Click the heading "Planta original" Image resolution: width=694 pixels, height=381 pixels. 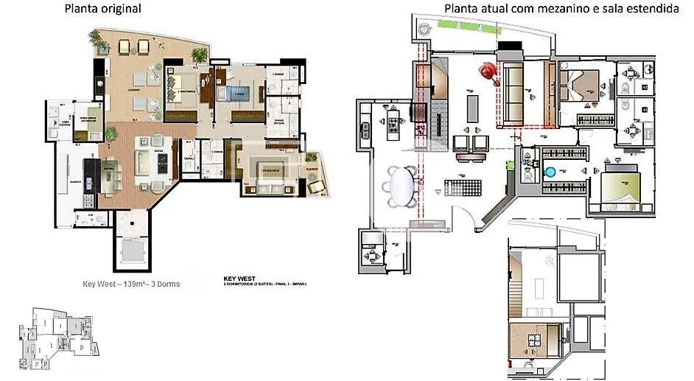tap(103, 9)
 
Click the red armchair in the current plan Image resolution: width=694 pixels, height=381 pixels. tap(487, 71)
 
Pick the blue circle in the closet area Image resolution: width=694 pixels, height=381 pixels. tap(550, 172)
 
